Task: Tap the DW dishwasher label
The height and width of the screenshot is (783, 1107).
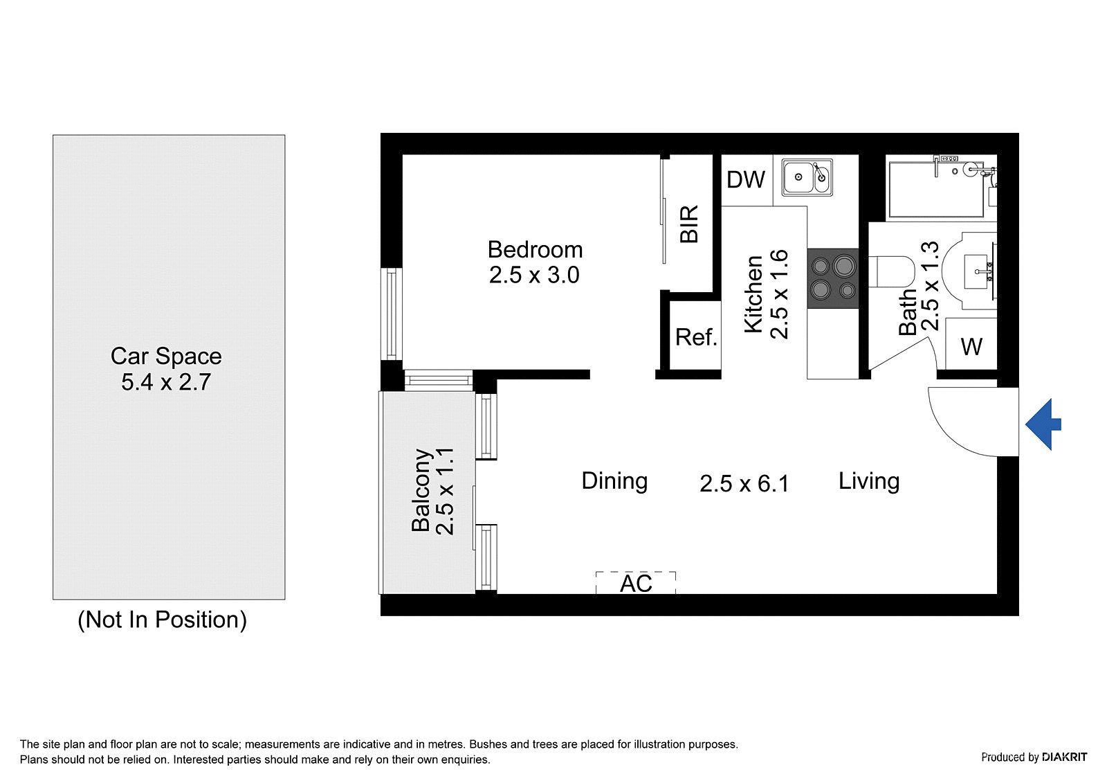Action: [x=746, y=179]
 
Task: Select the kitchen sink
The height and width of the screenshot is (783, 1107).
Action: [x=807, y=177]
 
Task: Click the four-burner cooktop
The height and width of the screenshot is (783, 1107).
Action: [x=833, y=278]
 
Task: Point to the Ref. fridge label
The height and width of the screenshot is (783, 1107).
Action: [x=696, y=337]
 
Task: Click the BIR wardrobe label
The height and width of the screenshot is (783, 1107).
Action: [x=689, y=224]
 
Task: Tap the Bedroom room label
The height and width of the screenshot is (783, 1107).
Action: [x=536, y=249]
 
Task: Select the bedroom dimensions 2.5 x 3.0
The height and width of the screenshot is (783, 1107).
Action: [x=534, y=275]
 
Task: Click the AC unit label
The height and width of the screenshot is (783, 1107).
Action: [x=636, y=584]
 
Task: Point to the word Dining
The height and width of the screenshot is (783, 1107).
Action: [x=614, y=481]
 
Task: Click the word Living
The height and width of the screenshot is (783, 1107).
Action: [x=869, y=481]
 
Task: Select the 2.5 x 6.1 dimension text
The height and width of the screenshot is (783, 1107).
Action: [x=744, y=483]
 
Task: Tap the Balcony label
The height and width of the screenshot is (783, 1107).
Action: [x=421, y=490]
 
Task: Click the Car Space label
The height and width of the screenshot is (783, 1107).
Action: [x=166, y=356]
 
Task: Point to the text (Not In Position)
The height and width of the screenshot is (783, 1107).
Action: [x=162, y=620]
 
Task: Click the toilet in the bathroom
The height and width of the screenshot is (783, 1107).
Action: [x=890, y=271]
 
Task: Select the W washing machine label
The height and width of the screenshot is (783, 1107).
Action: [x=971, y=346]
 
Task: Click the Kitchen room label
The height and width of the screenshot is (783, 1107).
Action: [x=753, y=294]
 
